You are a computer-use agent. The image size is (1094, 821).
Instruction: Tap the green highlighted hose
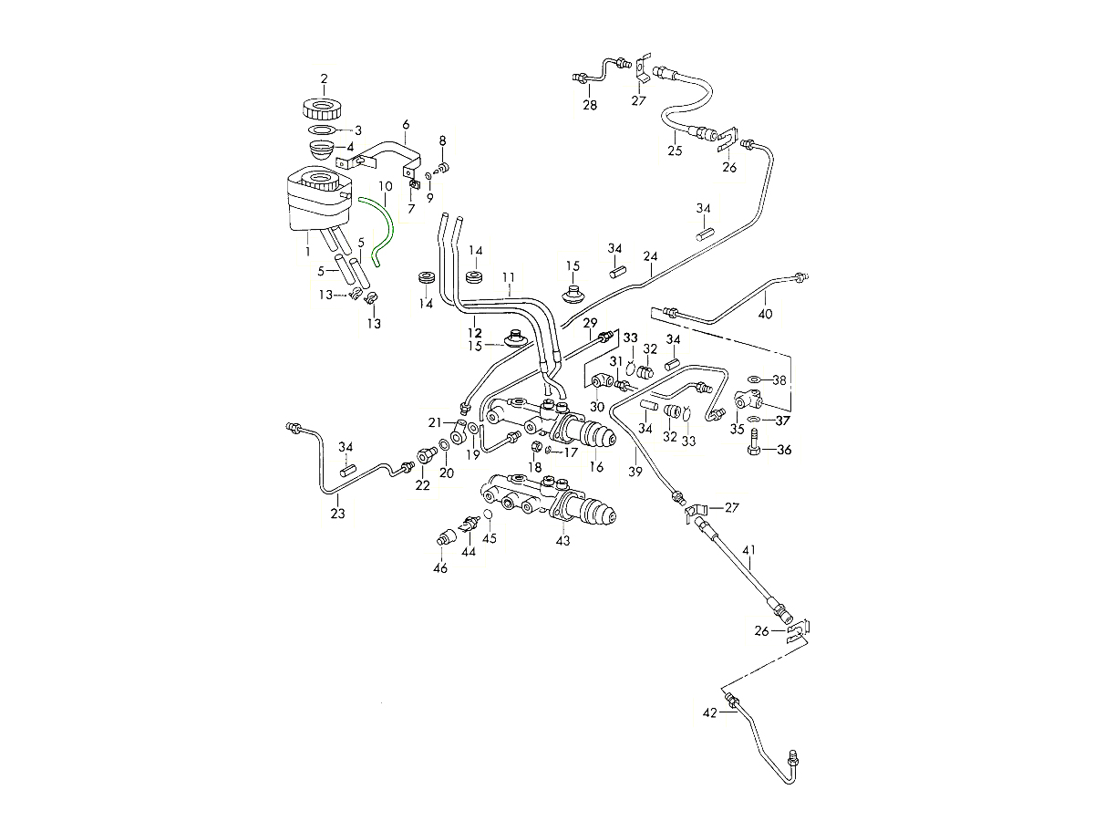(387, 228)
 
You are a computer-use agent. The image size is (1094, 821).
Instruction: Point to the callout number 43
(562, 541)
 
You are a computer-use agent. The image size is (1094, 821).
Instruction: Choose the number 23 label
(338, 514)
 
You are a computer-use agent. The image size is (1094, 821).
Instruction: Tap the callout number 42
(710, 713)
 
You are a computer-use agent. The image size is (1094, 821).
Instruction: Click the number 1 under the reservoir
(307, 250)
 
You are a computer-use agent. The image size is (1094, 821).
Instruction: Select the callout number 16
(597, 467)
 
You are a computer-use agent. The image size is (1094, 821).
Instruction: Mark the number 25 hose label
(675, 151)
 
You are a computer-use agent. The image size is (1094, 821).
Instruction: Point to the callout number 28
(590, 105)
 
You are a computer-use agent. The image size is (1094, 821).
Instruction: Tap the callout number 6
(406, 125)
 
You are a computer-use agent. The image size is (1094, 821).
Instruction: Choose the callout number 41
(749, 550)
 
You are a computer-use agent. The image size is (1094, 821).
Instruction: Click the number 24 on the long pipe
(650, 256)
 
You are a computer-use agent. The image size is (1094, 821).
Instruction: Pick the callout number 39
(635, 472)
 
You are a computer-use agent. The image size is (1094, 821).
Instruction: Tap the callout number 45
(490, 537)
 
